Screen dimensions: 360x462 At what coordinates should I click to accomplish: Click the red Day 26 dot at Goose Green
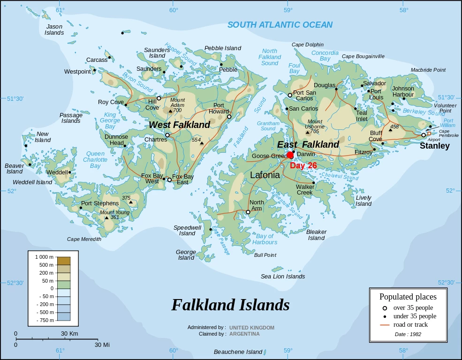click(290, 155)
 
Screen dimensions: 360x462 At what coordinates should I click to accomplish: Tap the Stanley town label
click(434, 146)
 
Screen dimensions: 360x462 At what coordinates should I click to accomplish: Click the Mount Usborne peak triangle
click(308, 132)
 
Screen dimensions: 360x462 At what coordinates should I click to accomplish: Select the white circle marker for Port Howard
click(229, 117)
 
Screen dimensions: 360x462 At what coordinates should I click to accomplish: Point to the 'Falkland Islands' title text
click(230, 305)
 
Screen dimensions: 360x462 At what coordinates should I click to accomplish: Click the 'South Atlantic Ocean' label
click(280, 25)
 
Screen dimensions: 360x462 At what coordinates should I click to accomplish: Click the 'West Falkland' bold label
click(179, 125)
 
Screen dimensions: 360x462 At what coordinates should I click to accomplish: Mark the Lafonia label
click(265, 175)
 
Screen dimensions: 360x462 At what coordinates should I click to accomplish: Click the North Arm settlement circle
click(248, 212)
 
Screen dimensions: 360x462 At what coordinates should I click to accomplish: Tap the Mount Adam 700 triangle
click(170, 111)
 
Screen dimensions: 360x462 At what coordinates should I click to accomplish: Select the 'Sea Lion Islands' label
click(283, 276)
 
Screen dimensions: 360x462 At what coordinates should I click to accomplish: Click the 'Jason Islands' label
click(54, 30)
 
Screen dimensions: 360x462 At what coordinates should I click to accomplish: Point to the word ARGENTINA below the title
click(244, 334)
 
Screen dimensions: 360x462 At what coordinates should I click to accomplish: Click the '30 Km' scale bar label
click(69, 333)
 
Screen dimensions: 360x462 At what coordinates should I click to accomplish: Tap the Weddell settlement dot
click(70, 172)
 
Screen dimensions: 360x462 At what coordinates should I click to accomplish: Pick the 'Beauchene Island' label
click(238, 352)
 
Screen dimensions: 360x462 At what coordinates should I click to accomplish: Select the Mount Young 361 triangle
click(106, 217)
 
